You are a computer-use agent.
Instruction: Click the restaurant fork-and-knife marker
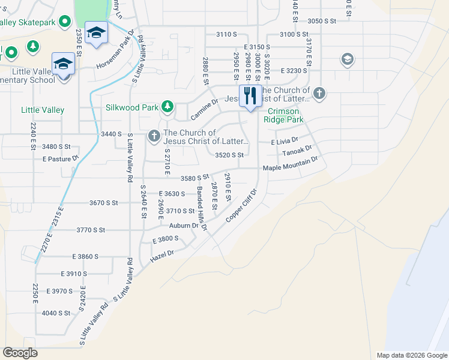tap(250, 96)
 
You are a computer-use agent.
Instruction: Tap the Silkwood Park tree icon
tap(167, 108)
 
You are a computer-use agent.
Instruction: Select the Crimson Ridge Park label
tap(285, 115)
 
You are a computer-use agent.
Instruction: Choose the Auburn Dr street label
tap(183, 226)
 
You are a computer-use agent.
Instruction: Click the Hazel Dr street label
tap(162, 254)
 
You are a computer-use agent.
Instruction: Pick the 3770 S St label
tap(91, 230)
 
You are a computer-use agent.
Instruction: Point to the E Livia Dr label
tap(285, 142)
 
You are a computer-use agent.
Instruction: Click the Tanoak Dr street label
tap(298, 151)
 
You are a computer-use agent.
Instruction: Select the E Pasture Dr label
tap(61, 159)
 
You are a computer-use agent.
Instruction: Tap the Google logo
tap(20, 353)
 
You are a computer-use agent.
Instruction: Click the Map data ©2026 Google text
tap(411, 355)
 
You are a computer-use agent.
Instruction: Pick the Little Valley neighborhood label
tap(43, 110)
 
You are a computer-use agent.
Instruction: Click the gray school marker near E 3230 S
tap(347, 59)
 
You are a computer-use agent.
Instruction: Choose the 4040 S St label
tap(56, 313)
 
